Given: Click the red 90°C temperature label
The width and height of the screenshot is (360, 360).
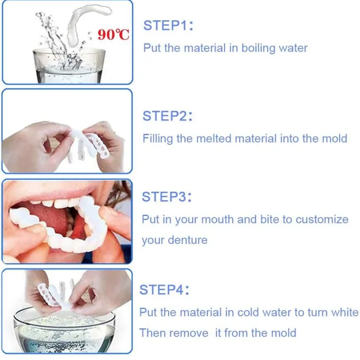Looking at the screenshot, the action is tap(113, 35).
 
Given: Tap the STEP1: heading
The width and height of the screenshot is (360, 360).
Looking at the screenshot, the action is tap(168, 25).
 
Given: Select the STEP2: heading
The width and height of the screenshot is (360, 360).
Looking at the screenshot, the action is tap(167, 116).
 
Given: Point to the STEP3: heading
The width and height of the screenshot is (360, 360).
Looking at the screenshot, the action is tap(166, 197).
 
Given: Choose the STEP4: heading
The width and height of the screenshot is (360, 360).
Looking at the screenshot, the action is tap(164, 289).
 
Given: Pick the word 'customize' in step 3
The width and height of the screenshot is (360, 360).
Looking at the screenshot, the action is tap(322, 220).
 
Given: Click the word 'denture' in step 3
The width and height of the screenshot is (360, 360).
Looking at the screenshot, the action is tap(188, 240).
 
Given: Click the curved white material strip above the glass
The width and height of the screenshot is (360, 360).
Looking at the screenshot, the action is tap(87, 23).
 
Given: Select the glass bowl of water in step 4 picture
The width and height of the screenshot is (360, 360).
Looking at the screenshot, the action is tap(64, 331).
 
